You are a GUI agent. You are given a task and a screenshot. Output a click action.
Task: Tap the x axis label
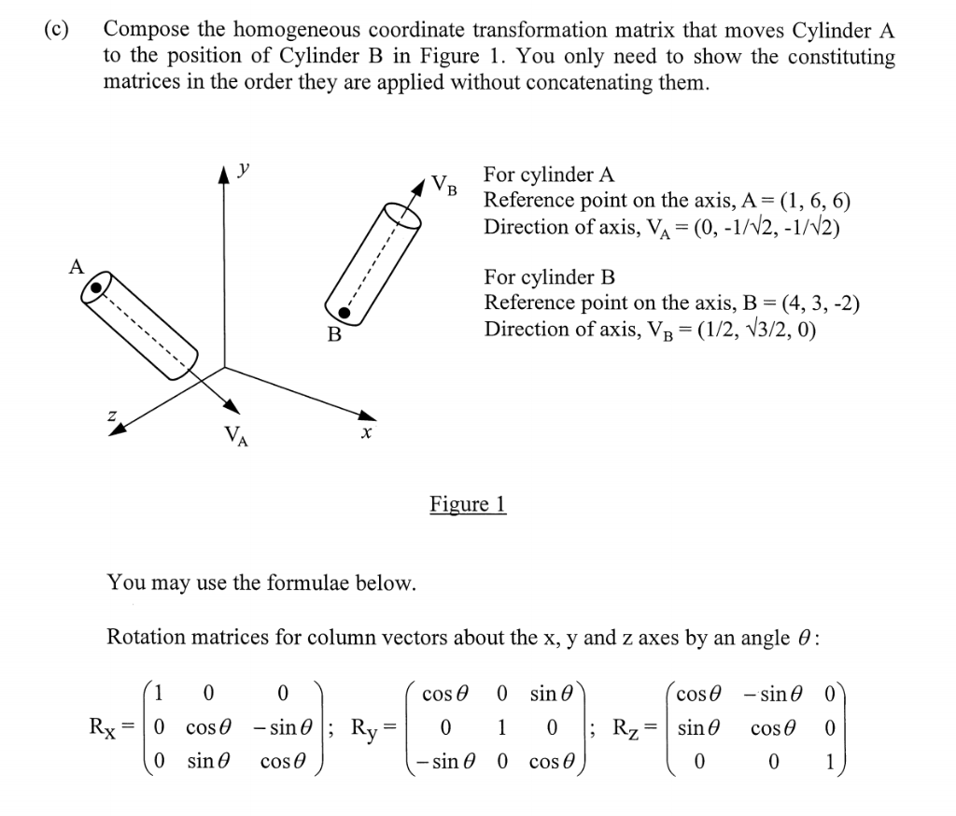point(367,434)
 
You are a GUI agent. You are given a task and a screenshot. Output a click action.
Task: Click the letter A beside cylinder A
point(77,266)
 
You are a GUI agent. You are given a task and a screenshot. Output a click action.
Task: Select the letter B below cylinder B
point(333,334)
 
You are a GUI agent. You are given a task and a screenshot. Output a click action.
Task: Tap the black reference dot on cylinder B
point(344,311)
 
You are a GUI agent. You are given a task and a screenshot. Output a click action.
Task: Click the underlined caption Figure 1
point(468,505)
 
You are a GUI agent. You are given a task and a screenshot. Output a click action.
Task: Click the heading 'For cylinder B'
point(549,277)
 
